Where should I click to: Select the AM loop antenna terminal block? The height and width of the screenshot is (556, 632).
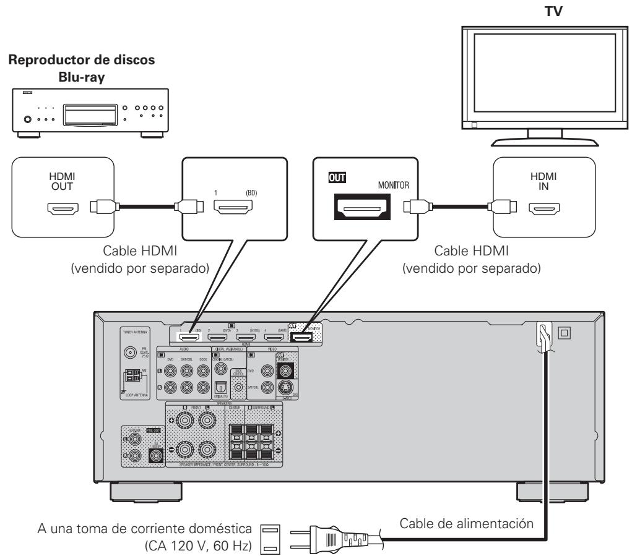click(x=132, y=375)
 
